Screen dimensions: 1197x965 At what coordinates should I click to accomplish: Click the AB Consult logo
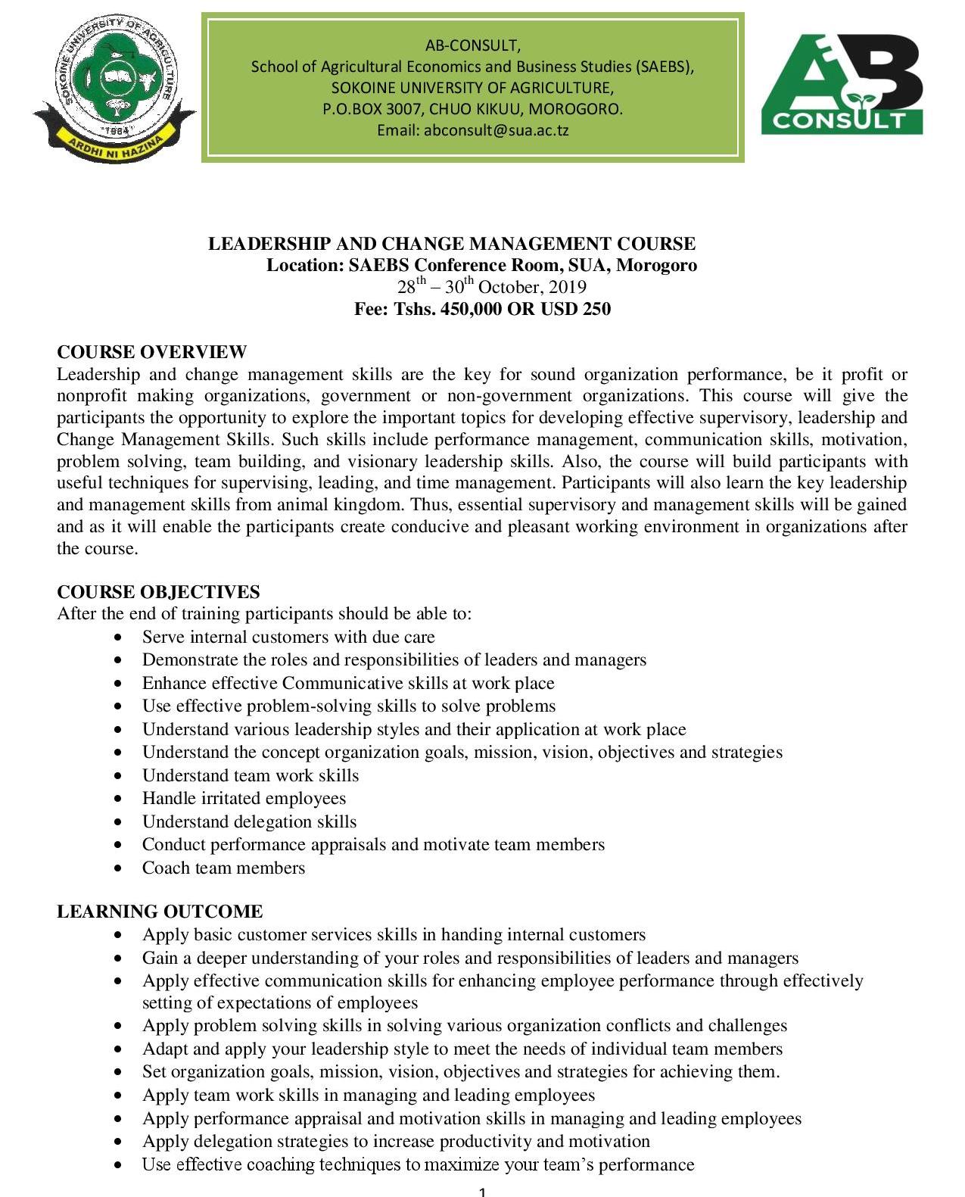[842, 84]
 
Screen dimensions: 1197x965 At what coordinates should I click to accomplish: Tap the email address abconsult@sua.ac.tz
[496, 130]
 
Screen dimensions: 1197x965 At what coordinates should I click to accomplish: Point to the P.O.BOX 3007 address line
[472, 109]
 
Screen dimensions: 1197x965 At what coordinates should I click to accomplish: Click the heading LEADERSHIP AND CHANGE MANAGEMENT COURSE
[452, 244]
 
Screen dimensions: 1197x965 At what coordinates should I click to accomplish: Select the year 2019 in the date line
[568, 288]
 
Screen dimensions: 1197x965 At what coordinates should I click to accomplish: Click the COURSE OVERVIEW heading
[151, 352]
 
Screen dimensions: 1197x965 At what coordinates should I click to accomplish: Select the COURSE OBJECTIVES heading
[158, 592]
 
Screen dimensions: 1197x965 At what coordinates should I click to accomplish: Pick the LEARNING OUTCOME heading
[160, 912]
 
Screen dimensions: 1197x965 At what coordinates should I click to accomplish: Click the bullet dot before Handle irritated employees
[117, 799]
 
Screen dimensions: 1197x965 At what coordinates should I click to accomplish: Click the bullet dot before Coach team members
[117, 868]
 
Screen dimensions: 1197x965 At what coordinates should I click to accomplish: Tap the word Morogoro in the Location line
[657, 266]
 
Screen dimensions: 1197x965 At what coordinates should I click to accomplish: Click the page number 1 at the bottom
[482, 1192]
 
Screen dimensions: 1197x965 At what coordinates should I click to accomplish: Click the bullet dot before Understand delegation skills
[117, 822]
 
